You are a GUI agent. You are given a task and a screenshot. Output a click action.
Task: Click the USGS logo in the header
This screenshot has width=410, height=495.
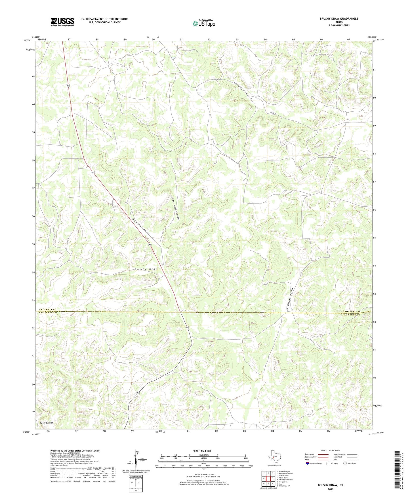click(x=62, y=22)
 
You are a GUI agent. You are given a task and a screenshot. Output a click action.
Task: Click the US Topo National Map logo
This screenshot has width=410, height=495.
click(x=204, y=23)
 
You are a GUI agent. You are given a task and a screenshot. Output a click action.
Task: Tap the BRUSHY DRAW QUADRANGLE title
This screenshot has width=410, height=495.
click(x=339, y=19)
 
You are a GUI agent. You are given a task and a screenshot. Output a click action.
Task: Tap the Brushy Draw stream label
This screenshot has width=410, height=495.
click(x=146, y=269)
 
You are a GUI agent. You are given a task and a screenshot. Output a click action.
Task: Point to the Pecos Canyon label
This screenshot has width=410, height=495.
click(x=47, y=423)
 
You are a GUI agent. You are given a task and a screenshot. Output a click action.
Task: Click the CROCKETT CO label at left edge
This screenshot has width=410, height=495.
click(x=48, y=309)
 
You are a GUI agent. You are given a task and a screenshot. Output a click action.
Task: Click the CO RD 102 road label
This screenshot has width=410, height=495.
click(x=273, y=113)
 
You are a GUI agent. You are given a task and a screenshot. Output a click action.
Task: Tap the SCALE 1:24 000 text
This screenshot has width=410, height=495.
click(x=202, y=451)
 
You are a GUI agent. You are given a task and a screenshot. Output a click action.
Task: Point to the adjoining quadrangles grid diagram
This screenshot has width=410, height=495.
click(x=268, y=479)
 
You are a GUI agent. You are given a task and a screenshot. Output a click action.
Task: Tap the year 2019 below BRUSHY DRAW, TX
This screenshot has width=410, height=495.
click(x=330, y=489)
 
